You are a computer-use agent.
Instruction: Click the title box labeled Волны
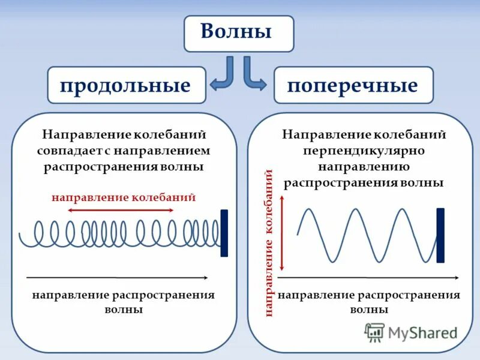[239, 33]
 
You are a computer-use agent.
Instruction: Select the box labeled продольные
[126, 85]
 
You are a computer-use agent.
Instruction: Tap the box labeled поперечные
[353, 85]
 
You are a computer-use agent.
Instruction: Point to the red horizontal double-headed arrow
[121, 211]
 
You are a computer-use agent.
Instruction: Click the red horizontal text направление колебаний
[124, 197]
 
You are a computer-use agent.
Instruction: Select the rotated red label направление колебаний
[269, 242]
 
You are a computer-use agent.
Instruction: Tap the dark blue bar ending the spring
[224, 233]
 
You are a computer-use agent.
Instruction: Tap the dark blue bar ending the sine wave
[440, 235]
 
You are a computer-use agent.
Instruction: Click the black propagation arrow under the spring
[118, 278]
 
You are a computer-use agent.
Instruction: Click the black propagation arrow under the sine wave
[368, 278]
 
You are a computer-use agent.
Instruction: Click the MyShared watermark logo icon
[375, 332]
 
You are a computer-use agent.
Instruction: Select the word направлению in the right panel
[364, 166]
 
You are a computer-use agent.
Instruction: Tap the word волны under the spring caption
[124, 310]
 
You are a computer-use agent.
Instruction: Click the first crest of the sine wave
[310, 209]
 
